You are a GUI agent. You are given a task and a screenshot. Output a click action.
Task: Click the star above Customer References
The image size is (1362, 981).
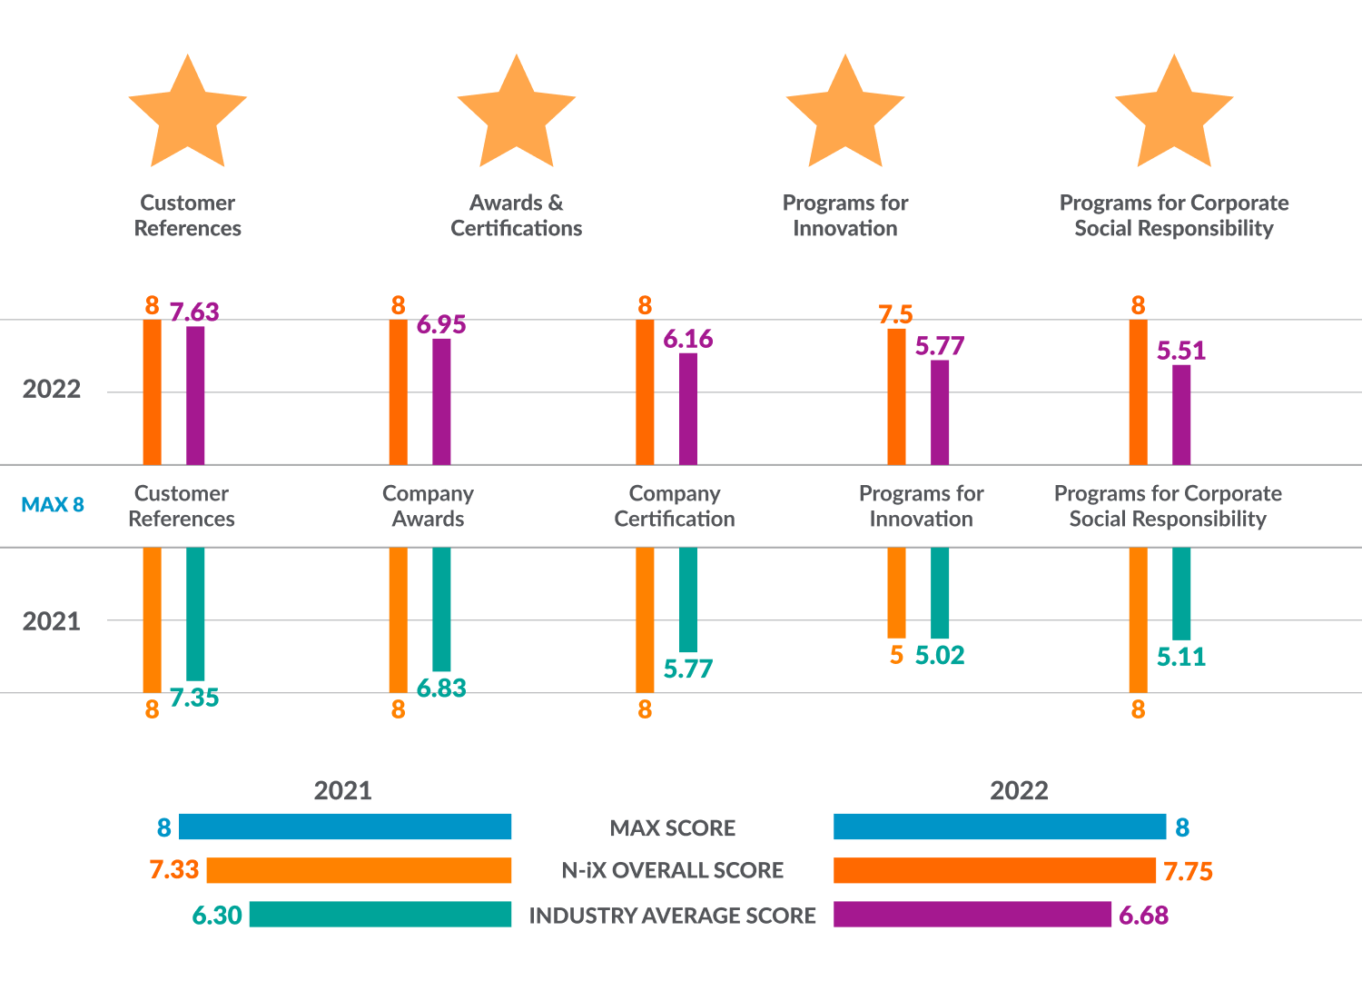point(188,115)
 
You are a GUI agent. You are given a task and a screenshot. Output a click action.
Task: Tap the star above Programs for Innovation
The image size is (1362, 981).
point(845,115)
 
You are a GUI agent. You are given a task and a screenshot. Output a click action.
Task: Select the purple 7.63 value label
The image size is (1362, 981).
point(194,312)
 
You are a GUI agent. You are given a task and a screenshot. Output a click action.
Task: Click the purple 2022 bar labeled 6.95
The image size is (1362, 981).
point(441,401)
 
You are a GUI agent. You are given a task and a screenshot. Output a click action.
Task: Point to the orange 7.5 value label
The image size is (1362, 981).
point(895,315)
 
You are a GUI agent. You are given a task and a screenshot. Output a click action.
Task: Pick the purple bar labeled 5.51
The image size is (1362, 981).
point(1181,414)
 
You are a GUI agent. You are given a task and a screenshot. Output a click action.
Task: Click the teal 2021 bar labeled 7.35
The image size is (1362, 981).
point(195,613)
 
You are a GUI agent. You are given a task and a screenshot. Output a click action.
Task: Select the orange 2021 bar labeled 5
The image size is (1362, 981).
point(896,592)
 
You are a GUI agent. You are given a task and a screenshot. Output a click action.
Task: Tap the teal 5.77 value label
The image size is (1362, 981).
point(688,669)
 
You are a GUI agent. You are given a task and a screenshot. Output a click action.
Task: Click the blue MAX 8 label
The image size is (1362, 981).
point(53,505)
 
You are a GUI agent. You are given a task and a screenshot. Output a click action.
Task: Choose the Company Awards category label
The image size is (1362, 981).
point(428,506)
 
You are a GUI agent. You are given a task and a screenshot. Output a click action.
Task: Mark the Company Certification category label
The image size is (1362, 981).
point(675,506)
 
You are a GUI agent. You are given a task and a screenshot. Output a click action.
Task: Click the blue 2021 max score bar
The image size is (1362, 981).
point(345,827)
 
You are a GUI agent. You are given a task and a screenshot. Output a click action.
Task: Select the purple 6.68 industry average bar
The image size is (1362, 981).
point(972,914)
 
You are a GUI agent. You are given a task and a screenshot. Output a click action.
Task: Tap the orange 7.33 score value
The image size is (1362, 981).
point(173,870)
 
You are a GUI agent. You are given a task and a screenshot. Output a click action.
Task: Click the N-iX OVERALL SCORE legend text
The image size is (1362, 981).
point(672,870)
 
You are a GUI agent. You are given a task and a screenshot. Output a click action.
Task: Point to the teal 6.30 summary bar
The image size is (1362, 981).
point(380,914)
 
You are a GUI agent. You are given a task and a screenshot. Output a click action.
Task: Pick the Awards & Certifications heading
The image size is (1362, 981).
point(516,215)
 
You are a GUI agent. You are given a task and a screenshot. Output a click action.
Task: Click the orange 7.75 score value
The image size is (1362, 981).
point(1188,872)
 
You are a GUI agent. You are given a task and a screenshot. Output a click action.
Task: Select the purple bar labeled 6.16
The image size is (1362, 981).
point(688,409)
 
